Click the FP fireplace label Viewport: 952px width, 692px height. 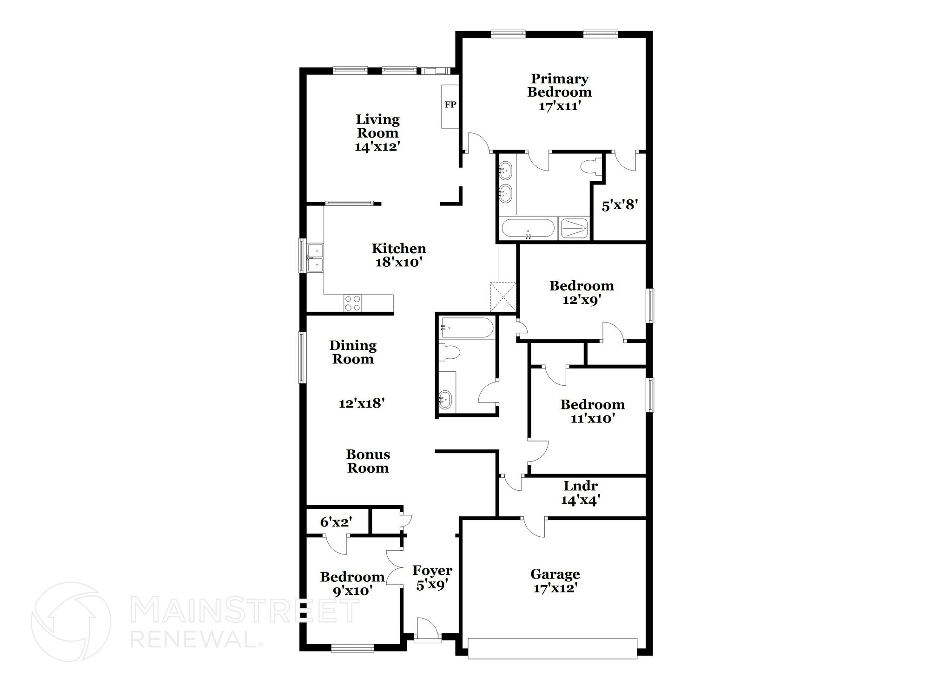450,105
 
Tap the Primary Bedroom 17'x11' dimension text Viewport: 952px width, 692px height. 560,106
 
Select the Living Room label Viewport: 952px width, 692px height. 377,126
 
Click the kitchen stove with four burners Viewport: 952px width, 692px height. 352,303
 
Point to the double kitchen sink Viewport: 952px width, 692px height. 315,257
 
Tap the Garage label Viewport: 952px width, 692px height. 555,574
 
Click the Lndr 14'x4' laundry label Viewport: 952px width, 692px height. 580,493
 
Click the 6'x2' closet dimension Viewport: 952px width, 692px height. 336,522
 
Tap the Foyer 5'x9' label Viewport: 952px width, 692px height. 432,577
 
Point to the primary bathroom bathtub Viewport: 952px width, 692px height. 528,229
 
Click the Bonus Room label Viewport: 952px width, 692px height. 368,461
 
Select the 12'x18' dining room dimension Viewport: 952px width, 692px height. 361,403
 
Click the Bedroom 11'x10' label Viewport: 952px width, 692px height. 592,411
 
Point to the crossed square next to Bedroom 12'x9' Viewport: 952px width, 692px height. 503,297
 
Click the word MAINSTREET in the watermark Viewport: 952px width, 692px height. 245,611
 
